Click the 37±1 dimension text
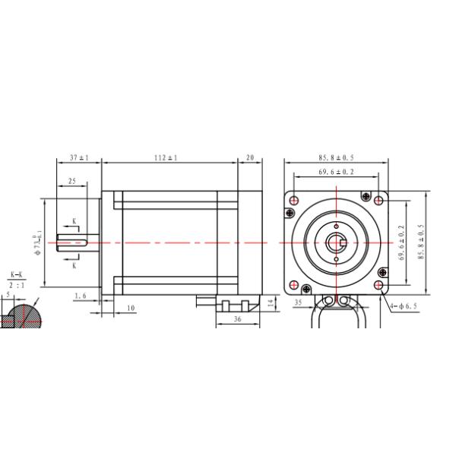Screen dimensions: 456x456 click(x=79, y=157)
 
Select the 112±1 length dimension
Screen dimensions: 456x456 click(x=166, y=157)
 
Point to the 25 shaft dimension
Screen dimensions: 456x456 click(x=71, y=182)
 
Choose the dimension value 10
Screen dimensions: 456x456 click(x=131, y=308)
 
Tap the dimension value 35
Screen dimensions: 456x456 click(x=297, y=302)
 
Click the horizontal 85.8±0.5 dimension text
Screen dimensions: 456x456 click(x=336, y=157)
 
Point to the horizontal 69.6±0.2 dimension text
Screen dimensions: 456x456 click(x=336, y=173)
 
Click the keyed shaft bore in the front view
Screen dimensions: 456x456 click(x=336, y=242)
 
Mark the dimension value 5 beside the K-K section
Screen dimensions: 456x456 click(x=8, y=294)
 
